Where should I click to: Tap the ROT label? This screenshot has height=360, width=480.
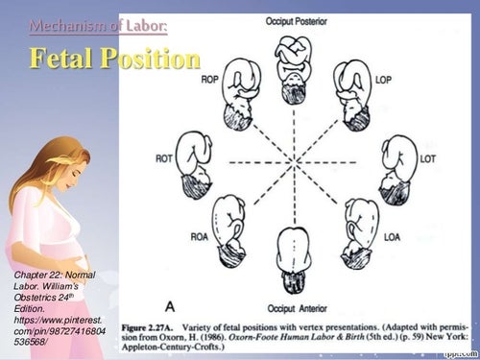[x=164, y=158]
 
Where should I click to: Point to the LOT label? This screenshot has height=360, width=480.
[x=428, y=158]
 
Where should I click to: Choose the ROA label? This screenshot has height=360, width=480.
[x=199, y=234]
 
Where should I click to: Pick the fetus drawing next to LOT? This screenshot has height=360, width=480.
[x=396, y=159]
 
